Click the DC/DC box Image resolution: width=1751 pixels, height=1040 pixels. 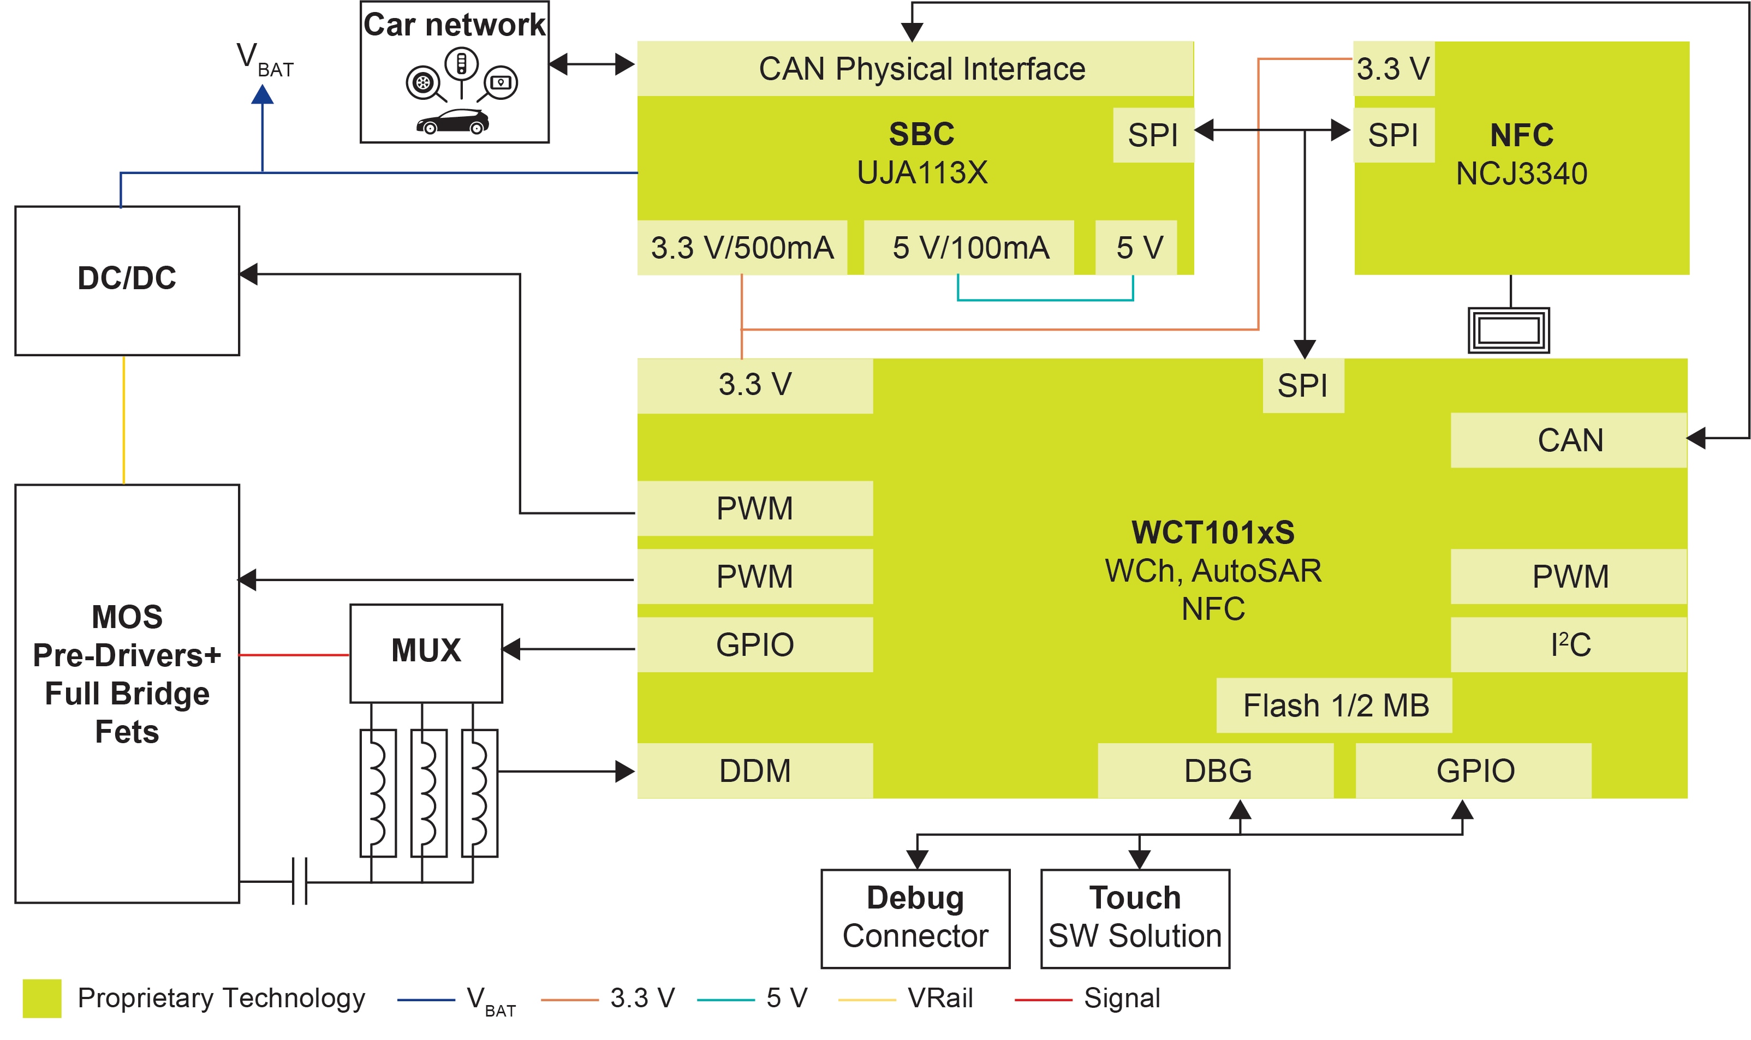pyautogui.click(x=127, y=280)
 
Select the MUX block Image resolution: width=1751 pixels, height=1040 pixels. pyautogui.click(x=426, y=653)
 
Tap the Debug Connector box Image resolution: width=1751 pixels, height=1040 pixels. pyautogui.click(x=915, y=918)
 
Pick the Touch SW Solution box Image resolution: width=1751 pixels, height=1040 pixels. pyautogui.click(x=1134, y=918)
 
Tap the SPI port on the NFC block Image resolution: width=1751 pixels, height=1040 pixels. pyautogui.click(x=1393, y=135)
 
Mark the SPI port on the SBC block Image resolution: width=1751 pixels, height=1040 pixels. pyautogui.click(x=1152, y=135)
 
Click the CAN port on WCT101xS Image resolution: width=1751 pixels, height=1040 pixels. pyautogui.click(x=1569, y=440)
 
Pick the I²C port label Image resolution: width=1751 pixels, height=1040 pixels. pyautogui.click(x=1569, y=645)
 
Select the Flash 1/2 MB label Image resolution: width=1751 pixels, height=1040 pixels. pyautogui.click(x=1334, y=706)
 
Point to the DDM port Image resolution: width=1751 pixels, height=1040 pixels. pyautogui.click(x=754, y=771)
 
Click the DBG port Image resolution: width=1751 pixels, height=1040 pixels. pyautogui.click(x=1216, y=771)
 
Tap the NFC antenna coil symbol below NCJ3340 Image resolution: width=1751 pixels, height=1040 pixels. pyautogui.click(x=1509, y=330)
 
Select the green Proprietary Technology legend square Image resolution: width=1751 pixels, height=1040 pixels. pyautogui.click(x=42, y=998)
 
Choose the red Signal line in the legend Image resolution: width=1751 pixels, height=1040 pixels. pyautogui.click(x=1043, y=1000)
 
